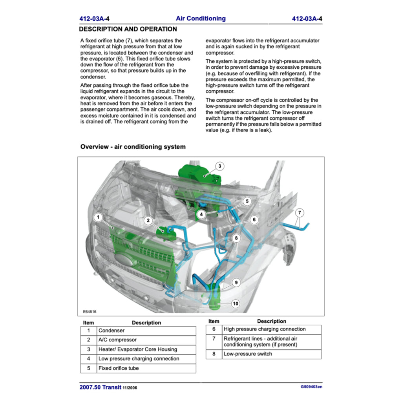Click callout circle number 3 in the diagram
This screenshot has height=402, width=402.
coord(220,166)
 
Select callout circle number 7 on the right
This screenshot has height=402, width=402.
coord(300,213)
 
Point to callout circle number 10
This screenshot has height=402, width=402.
coord(236,303)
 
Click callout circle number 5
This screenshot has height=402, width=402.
coord(247,201)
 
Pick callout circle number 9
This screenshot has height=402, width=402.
coord(236,282)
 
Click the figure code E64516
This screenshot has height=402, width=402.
coord(90,312)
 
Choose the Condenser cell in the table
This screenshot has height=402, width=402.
coord(146,331)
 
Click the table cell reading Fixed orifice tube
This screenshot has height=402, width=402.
coord(146,368)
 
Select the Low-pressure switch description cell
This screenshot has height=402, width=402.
coord(271,354)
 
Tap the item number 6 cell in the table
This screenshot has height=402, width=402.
coord(214,329)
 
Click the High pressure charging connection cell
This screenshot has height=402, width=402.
coord(271,329)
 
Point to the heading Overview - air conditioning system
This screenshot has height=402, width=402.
coord(133,147)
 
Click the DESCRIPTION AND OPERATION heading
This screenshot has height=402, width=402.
coord(128,29)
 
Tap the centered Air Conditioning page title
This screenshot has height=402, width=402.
coord(201,18)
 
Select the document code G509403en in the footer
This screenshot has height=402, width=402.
coord(311,387)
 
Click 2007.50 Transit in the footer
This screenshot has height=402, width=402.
coord(100,387)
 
